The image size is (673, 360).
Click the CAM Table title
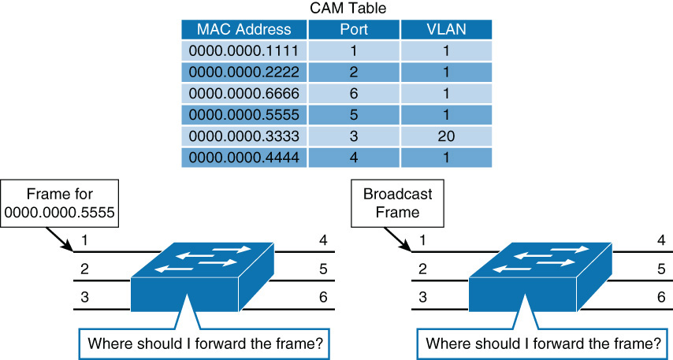click(336, 9)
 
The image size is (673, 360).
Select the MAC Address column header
click(244, 30)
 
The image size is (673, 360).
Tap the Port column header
click(353, 30)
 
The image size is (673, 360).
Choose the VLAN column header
click(446, 30)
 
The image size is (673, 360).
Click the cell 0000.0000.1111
click(244, 51)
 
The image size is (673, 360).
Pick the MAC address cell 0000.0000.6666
click(244, 94)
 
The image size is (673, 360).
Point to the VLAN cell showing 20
click(446, 136)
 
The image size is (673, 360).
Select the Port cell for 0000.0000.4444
click(353, 158)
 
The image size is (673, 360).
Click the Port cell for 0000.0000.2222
click(353, 72)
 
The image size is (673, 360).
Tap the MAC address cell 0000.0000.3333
click(244, 136)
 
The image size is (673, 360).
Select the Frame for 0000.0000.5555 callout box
click(60, 202)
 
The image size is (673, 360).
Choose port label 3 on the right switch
click(423, 297)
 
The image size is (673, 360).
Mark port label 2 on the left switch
click(85, 269)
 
